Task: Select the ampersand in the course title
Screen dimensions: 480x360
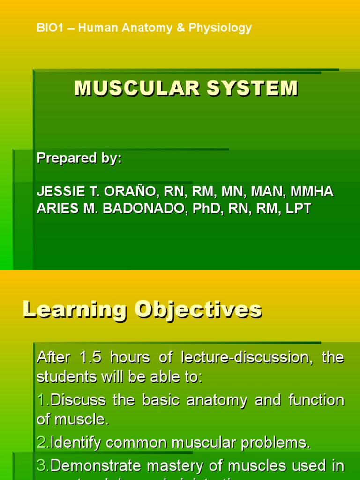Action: click(x=181, y=28)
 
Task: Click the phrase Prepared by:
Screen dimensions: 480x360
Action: click(x=79, y=158)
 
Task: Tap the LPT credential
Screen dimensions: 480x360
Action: click(x=298, y=209)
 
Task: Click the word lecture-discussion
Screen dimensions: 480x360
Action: click(x=244, y=358)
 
